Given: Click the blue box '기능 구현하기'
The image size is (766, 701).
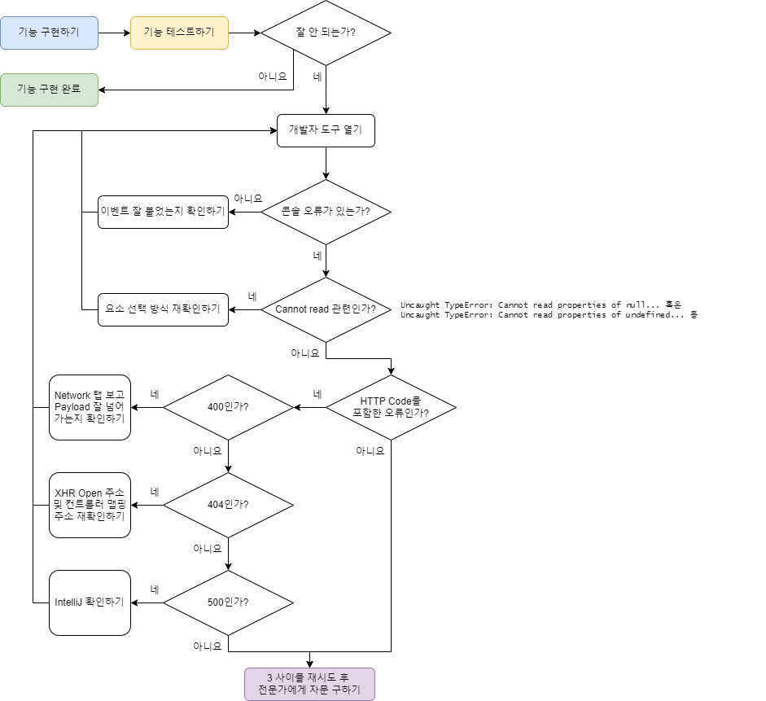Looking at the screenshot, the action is [x=50, y=33].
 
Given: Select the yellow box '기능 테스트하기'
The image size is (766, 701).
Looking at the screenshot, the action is [x=179, y=33].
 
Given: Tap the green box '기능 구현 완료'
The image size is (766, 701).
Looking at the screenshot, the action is [x=50, y=90].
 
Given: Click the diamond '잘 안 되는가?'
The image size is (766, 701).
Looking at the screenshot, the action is [x=326, y=33].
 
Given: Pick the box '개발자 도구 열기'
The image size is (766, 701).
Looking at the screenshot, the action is [x=326, y=130].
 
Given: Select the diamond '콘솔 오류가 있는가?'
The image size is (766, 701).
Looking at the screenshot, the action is [x=326, y=212].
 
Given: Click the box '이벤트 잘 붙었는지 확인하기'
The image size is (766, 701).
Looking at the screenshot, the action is [x=163, y=212].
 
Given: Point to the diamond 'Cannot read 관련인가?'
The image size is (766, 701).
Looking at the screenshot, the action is [x=326, y=309].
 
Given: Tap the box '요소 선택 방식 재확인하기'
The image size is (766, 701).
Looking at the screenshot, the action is [x=163, y=309].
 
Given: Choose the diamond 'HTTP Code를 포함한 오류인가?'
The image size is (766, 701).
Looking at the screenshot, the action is [x=391, y=407].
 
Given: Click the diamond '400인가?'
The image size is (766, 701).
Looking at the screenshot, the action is [x=228, y=407].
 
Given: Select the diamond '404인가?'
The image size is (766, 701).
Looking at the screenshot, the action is [x=228, y=505].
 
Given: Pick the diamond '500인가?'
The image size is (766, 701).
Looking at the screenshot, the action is [x=228, y=602].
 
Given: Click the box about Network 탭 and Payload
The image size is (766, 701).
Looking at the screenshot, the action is [x=90, y=407].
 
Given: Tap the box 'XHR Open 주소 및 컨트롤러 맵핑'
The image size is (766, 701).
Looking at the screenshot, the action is [x=90, y=505].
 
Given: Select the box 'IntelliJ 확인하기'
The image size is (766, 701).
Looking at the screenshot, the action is [x=90, y=602].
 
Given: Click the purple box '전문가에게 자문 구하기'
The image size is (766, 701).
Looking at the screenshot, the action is [x=309, y=685].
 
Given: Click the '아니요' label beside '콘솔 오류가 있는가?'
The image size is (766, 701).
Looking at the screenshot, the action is [x=248, y=199].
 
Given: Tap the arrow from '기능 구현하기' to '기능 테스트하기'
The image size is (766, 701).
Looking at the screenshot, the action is [x=114, y=33].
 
